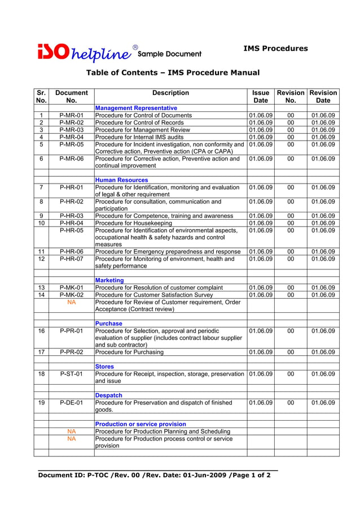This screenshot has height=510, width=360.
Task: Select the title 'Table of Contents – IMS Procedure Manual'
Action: pyautogui.click(x=172, y=73)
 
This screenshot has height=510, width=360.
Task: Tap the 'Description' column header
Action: pyautogui.click(x=170, y=93)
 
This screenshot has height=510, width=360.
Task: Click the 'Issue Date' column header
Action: pyautogui.click(x=261, y=97)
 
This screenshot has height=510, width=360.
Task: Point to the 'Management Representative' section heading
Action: pyautogui.click(x=136, y=108)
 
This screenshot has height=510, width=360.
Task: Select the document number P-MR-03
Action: pyautogui.click(x=71, y=130)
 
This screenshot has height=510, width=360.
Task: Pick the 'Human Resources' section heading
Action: pyautogui.click(x=122, y=180)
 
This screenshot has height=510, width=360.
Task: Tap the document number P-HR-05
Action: pyautogui.click(x=71, y=230)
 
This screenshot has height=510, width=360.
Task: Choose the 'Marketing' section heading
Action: pyautogui.click(x=109, y=280)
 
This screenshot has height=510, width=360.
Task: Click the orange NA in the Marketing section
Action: pyautogui.click(x=71, y=302)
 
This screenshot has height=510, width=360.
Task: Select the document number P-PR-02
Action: pyautogui.click(x=71, y=352)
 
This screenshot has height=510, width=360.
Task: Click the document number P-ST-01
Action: pyautogui.click(x=71, y=374)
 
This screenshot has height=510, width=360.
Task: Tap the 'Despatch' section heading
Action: pyautogui.click(x=109, y=395)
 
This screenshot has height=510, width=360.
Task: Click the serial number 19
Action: pyautogui.click(x=42, y=403)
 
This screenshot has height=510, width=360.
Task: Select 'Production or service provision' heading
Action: pyautogui.click(x=141, y=424)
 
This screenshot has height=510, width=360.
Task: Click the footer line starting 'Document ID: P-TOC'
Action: pyautogui.click(x=154, y=476)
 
